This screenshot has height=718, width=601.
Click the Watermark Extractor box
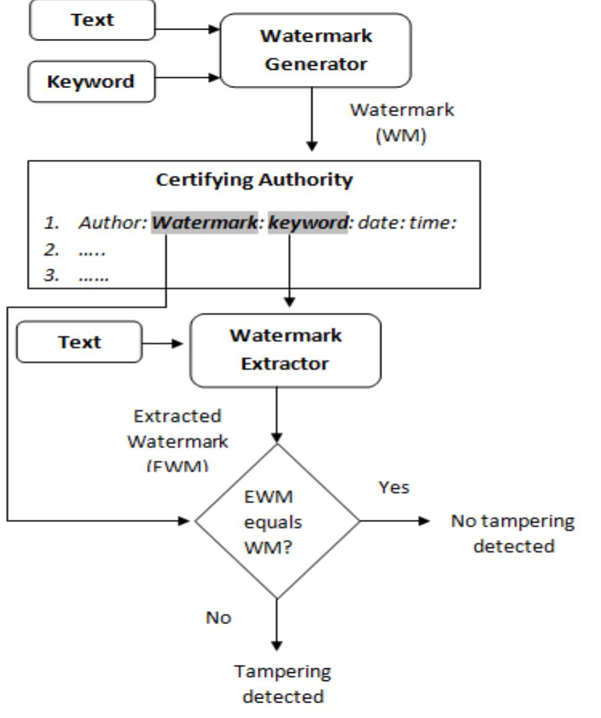[286, 350]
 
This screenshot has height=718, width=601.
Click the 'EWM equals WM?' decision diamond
[277, 521]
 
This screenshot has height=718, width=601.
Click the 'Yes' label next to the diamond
[394, 487]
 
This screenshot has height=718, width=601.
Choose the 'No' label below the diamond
[218, 617]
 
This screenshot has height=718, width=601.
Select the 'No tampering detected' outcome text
[513, 533]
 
